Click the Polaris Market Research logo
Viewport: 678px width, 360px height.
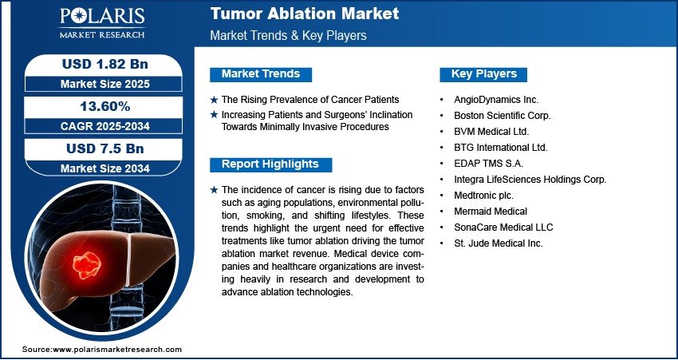click(x=102, y=23)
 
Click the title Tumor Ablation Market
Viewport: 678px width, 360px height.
click(x=305, y=14)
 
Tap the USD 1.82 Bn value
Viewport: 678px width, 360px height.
click(x=105, y=64)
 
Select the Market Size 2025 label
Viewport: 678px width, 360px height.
click(x=105, y=84)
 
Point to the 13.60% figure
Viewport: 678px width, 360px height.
click(x=105, y=106)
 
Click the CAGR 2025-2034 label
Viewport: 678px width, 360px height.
click(x=105, y=126)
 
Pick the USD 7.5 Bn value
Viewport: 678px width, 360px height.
click(x=105, y=148)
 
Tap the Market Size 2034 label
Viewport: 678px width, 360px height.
click(x=105, y=168)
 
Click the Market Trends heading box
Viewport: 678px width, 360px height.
click(x=261, y=74)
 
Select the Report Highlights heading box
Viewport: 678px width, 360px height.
click(x=270, y=164)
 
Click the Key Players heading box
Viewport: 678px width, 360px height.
click(x=483, y=74)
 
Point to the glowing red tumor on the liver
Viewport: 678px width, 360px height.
click(x=86, y=264)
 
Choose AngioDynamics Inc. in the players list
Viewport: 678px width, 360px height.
click(x=496, y=100)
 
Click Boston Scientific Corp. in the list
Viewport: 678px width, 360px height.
click(x=502, y=116)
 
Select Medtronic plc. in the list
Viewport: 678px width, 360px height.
click(x=483, y=196)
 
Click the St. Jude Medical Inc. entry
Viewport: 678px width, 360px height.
click(x=498, y=243)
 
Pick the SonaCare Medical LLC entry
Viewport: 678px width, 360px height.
click(x=503, y=227)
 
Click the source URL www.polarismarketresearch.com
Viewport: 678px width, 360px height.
click(x=117, y=350)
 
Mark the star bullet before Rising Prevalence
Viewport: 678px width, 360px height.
click(x=214, y=100)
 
